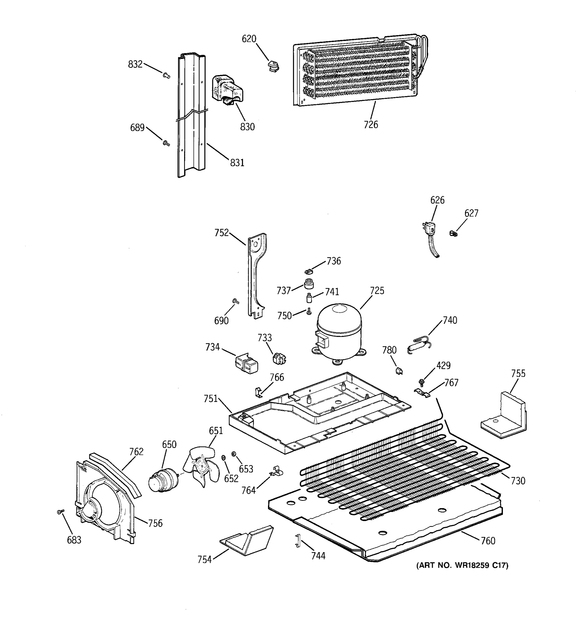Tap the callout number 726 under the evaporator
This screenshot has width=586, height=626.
tap(371, 125)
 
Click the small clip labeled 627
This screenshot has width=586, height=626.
tap(453, 234)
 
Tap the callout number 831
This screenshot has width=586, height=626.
tap(237, 163)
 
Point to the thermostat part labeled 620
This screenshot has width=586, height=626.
tap(273, 66)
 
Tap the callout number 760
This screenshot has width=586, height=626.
tap(488, 541)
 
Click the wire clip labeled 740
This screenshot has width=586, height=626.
tap(419, 344)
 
